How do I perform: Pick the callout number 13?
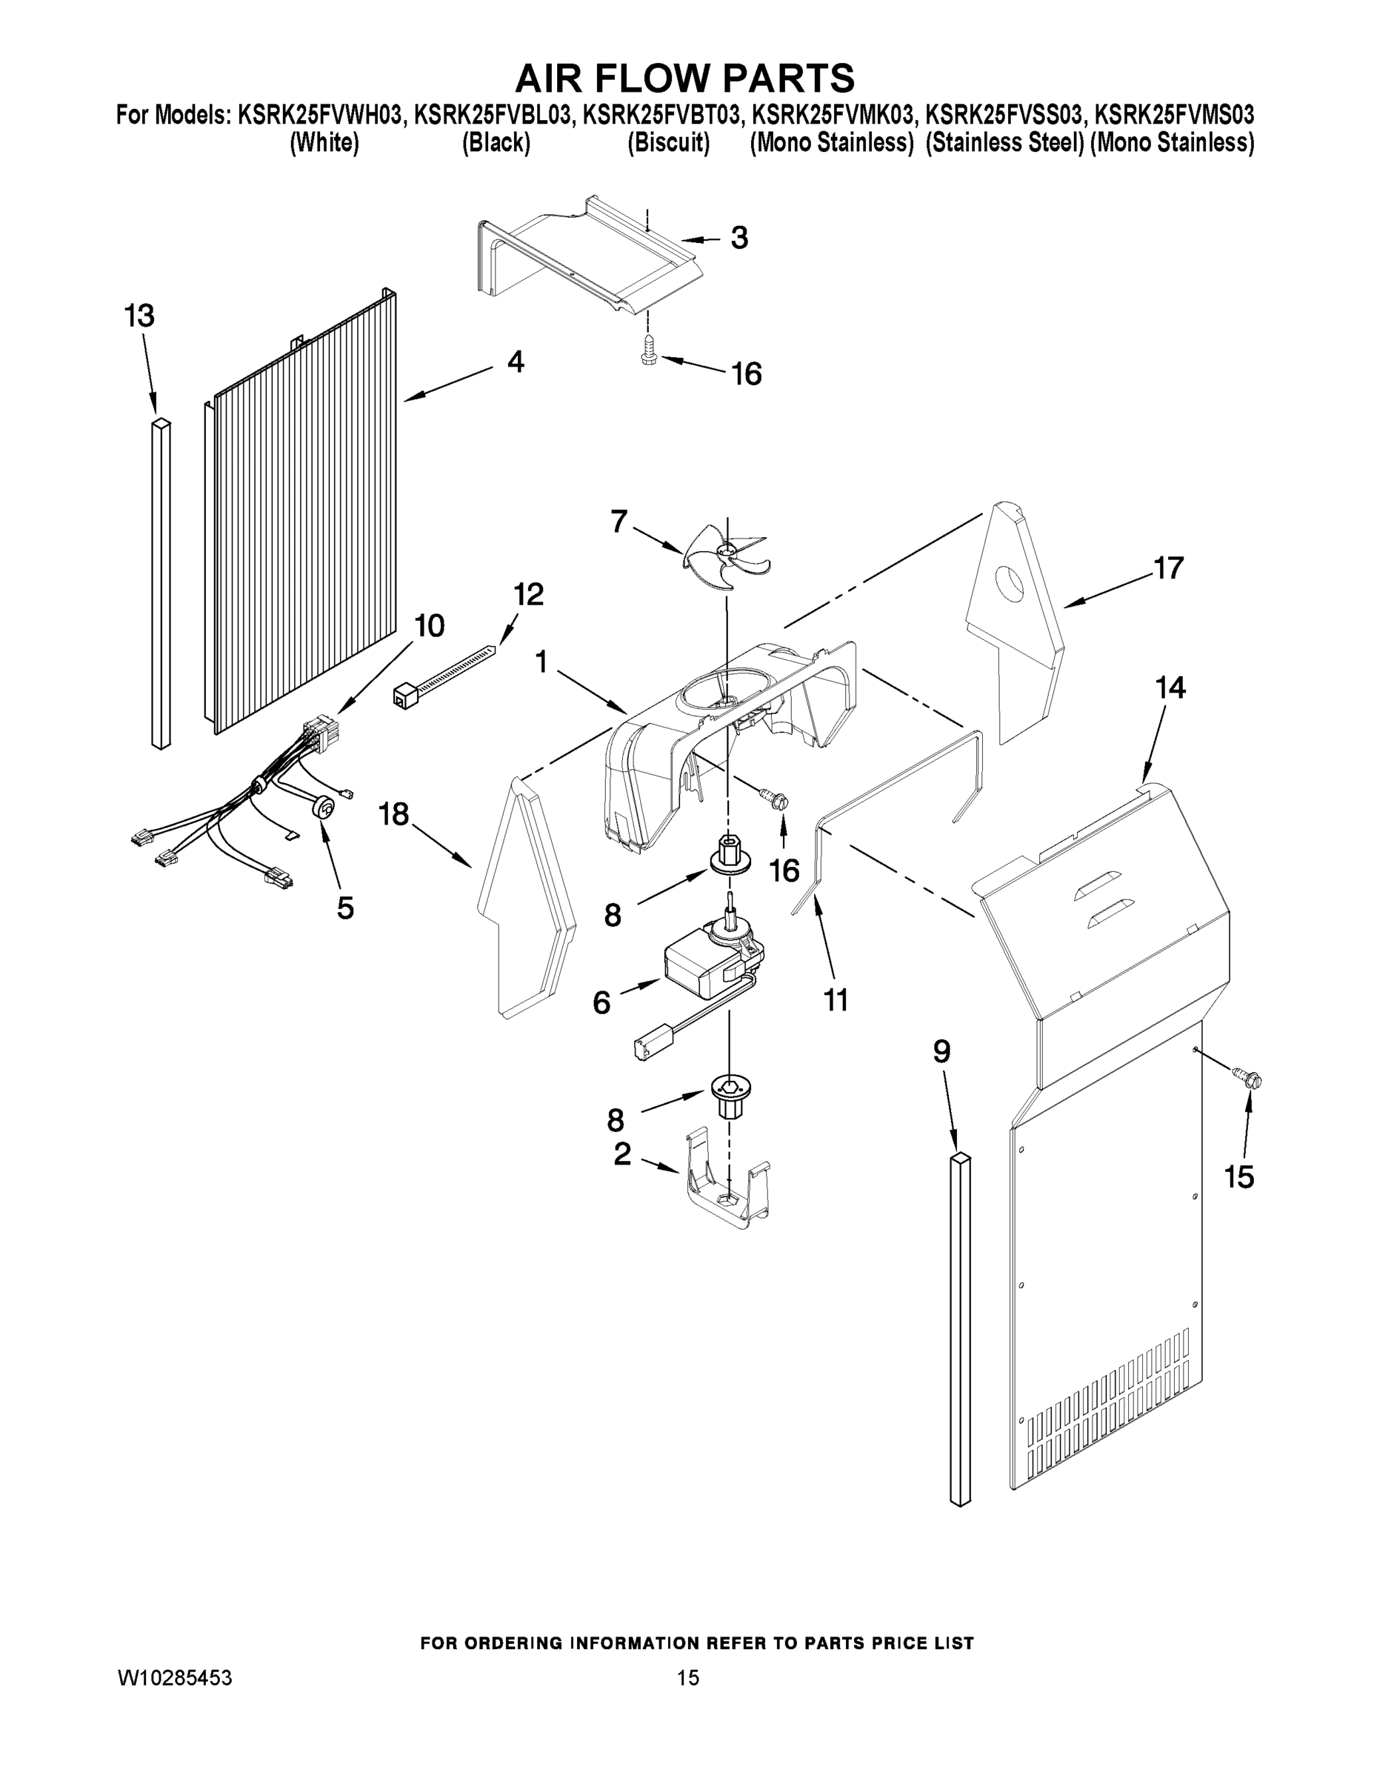[139, 316]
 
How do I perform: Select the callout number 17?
[1169, 568]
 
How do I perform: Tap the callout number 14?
[1170, 688]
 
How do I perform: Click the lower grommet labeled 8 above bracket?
[730, 1093]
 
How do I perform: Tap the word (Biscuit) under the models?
[668, 143]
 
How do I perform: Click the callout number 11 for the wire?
[836, 999]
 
